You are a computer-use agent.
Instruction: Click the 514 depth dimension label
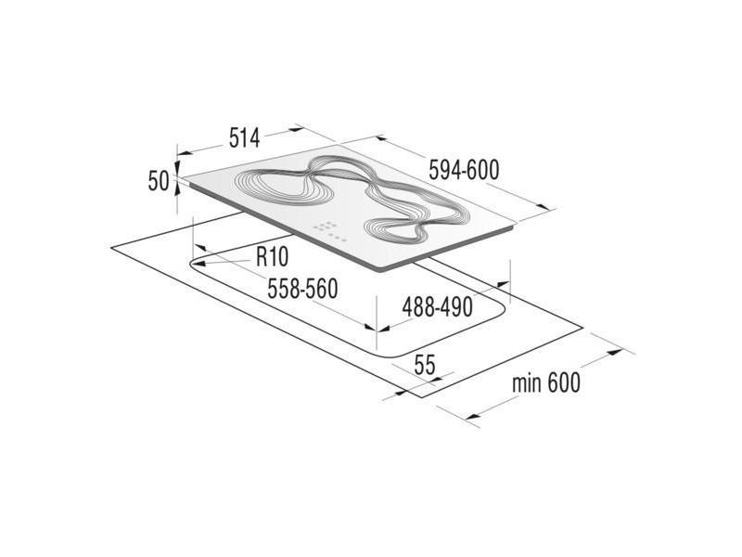pyautogui.click(x=242, y=138)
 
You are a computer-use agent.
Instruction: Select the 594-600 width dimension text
pyautogui.click(x=465, y=170)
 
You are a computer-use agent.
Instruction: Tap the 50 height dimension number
pyautogui.click(x=157, y=180)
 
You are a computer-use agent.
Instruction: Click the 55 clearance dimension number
pyautogui.click(x=424, y=365)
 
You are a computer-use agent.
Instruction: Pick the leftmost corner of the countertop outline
pyautogui.click(x=109, y=248)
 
